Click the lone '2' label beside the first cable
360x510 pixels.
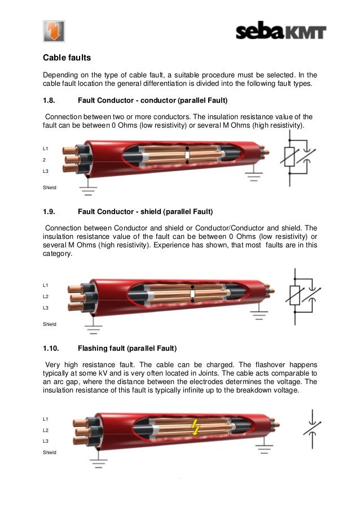(x=45, y=159)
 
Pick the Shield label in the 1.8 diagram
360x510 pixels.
(x=50, y=187)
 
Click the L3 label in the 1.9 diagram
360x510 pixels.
(x=46, y=307)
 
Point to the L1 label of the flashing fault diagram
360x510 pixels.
(x=46, y=419)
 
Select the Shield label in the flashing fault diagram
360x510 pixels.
(x=50, y=452)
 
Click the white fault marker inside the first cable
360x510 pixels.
(x=188, y=154)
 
